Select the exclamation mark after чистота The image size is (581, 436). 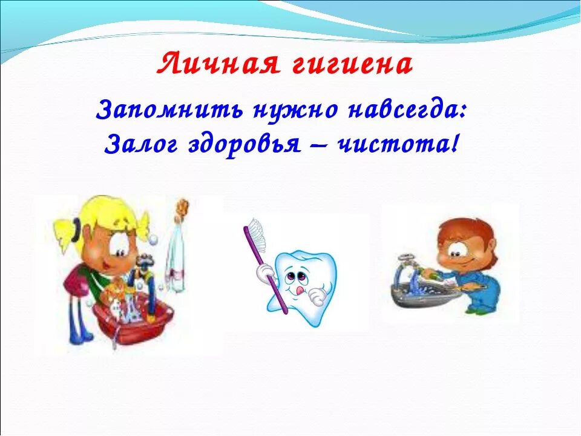(x=449, y=144)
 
